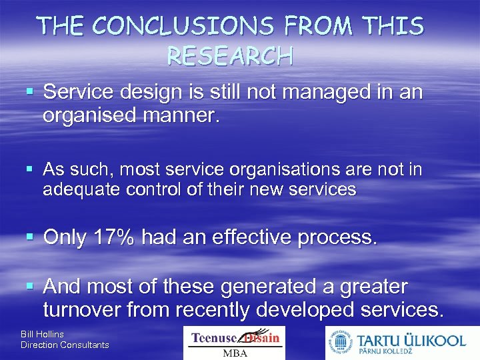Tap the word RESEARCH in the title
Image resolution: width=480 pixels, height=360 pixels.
click(x=229, y=56)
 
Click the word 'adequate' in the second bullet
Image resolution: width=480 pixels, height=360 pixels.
click(x=79, y=189)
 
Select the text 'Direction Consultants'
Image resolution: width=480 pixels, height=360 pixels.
click(x=65, y=345)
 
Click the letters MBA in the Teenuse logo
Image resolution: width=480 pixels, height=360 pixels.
click(x=234, y=353)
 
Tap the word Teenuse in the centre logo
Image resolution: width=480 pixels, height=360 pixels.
click(x=215, y=338)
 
